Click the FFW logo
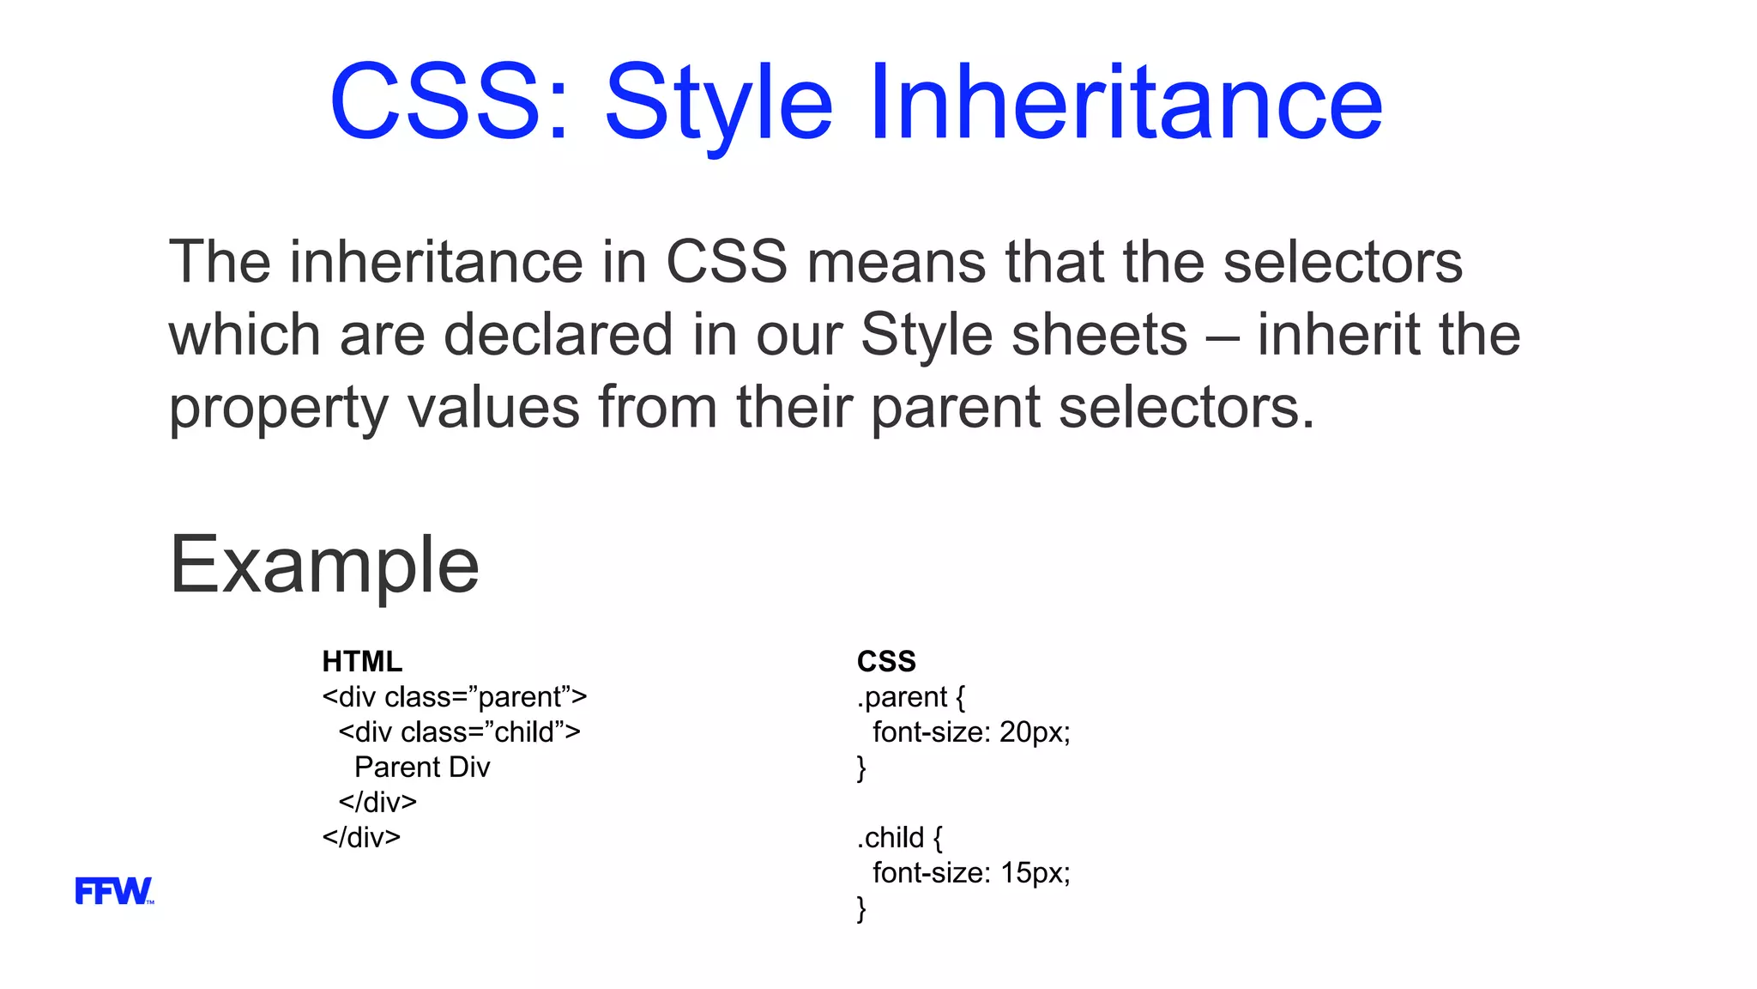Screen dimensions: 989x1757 click(113, 890)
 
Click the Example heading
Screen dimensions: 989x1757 click(324, 566)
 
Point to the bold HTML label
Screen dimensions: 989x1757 click(362, 661)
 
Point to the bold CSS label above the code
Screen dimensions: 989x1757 click(886, 661)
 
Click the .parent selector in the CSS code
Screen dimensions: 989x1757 click(902, 697)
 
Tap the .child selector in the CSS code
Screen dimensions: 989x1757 click(891, 837)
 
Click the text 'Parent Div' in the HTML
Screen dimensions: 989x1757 click(422, 767)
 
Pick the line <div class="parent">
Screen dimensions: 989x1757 click(454, 697)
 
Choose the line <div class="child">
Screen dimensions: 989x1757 click(459, 732)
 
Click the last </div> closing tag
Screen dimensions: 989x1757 click(361, 837)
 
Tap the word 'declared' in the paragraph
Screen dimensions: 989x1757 click(558, 335)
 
